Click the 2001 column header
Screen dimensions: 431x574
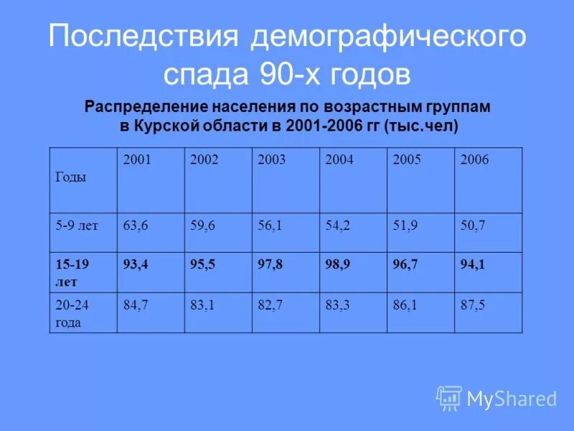[x=137, y=160]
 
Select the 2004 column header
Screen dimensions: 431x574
[x=339, y=160]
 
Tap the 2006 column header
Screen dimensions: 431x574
[x=474, y=160]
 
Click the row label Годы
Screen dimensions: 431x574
[x=70, y=177]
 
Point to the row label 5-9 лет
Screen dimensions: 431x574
[x=77, y=226]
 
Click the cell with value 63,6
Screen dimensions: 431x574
[x=136, y=226]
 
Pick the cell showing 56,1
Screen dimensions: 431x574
[x=270, y=226]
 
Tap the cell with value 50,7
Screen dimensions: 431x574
[x=473, y=226]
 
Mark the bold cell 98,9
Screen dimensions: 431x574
[x=338, y=265]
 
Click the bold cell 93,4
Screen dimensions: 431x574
[x=136, y=265]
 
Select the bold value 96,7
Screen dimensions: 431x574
[x=405, y=265]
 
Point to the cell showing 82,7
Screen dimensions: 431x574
[x=270, y=305]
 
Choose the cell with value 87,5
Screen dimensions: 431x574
[x=473, y=305]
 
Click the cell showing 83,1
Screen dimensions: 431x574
[x=203, y=305]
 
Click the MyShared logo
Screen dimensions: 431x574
[x=497, y=398]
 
